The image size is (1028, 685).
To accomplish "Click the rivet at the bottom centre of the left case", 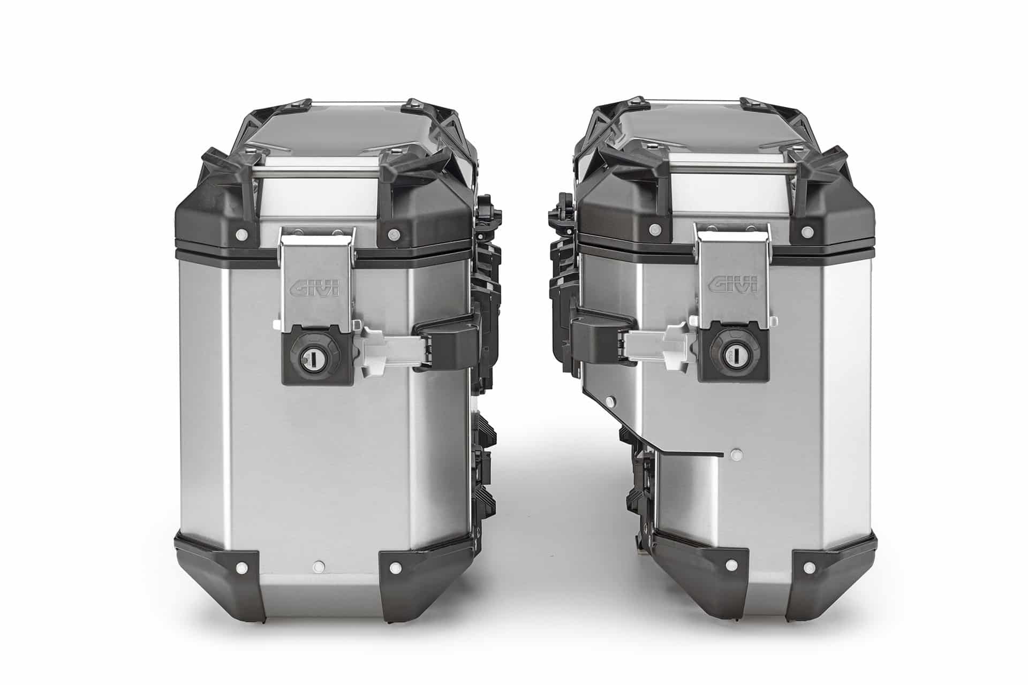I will pyautogui.click(x=320, y=565).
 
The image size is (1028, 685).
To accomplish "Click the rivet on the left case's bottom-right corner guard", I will pyautogui.click(x=396, y=568).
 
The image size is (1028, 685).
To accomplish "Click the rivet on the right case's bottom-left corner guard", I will pyautogui.click(x=730, y=564).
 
